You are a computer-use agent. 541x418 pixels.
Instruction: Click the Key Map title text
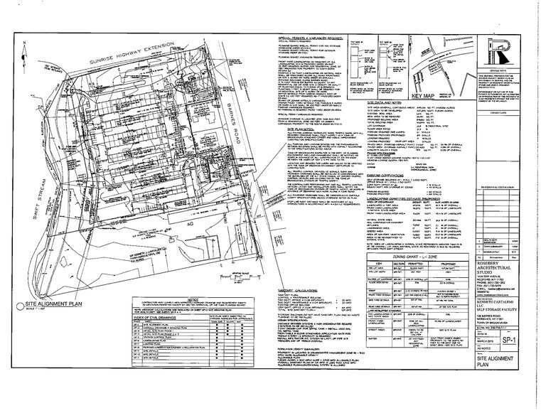[x=424, y=96]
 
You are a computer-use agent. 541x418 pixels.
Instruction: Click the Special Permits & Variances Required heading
[x=309, y=37]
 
